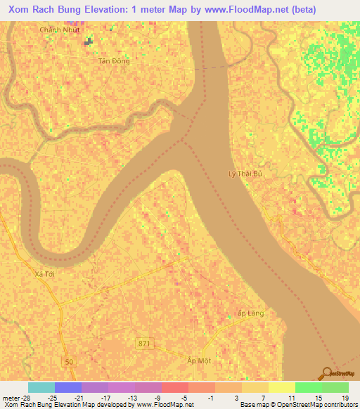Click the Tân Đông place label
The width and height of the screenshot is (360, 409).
[x=114, y=61]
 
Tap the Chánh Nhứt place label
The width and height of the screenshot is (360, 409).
[x=60, y=30]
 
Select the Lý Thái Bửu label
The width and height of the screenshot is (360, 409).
[x=245, y=173]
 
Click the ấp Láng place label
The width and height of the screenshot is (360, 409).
[x=251, y=313]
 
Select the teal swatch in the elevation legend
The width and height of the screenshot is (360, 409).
[x=41, y=387]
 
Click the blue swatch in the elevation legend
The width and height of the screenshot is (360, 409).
[x=68, y=387]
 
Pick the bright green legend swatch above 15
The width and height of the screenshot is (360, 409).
[x=308, y=387]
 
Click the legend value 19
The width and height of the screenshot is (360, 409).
[x=345, y=398]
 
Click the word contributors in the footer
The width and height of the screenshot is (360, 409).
[x=335, y=405]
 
